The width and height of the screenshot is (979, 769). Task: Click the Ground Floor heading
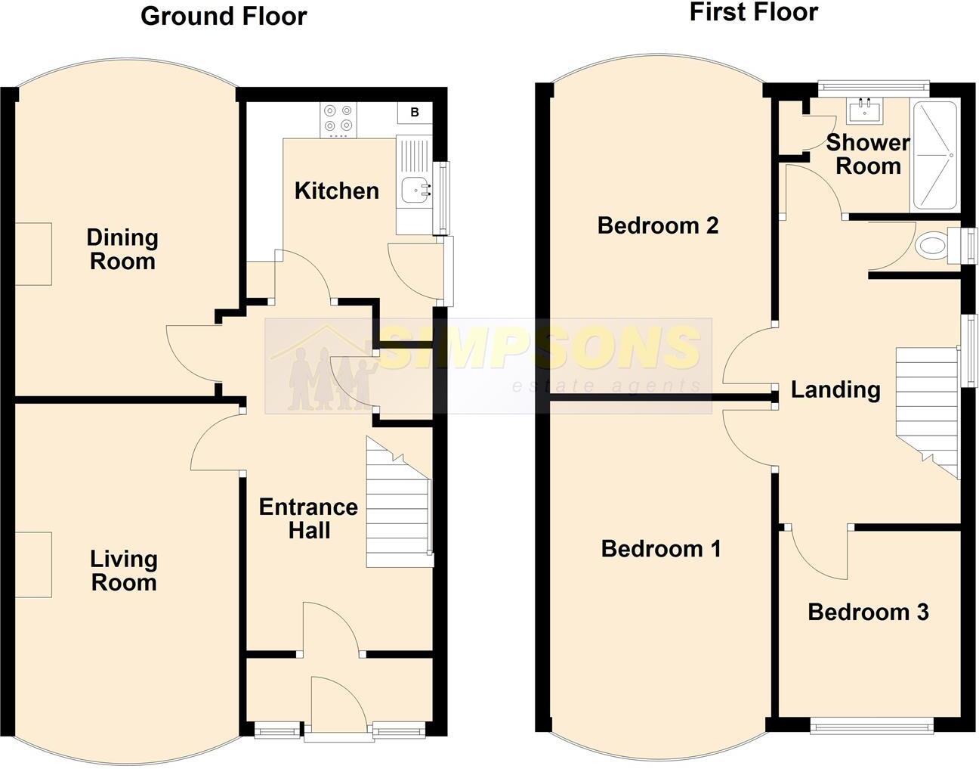point(224,17)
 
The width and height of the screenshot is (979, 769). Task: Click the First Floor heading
point(753,12)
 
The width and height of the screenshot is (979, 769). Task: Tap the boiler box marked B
point(414,113)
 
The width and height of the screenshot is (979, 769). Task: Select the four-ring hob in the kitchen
point(338,119)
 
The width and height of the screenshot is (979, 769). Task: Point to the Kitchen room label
point(337,191)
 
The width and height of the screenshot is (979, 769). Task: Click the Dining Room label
point(122,250)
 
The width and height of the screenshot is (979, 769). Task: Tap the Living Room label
point(123,571)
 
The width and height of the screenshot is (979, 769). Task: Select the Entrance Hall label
point(308,519)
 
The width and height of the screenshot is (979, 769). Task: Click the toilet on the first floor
point(934,246)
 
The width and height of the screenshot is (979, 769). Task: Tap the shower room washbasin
point(866,112)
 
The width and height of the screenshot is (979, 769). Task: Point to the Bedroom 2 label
point(657,225)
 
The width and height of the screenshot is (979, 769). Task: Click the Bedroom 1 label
point(661,549)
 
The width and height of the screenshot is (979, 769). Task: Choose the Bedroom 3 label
point(868,612)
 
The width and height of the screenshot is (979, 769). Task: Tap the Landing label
point(835,390)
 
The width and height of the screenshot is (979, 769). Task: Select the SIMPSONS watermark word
point(538,349)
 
